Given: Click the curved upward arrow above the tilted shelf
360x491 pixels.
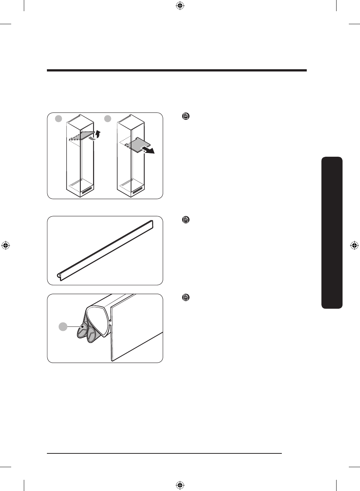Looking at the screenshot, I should [x=98, y=134].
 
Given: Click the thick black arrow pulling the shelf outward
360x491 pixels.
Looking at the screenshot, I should [x=148, y=150].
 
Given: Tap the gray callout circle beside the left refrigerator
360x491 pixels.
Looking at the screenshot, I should [x=58, y=118].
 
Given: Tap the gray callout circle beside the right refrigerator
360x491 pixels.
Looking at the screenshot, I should [x=107, y=118].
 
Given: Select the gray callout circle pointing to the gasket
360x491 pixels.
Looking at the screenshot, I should [x=63, y=327].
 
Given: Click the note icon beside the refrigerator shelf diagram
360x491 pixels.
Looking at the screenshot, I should [x=186, y=116].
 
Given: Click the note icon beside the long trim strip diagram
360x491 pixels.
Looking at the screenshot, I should [x=186, y=220].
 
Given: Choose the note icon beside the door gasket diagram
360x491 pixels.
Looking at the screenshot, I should [x=186, y=297].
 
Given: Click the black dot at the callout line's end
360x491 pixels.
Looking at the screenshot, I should [x=83, y=327].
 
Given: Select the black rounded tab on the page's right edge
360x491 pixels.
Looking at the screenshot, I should [x=332, y=233].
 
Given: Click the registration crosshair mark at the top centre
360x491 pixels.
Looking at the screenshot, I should [x=180, y=6].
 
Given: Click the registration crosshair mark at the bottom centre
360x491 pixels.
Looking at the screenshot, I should [x=180, y=485].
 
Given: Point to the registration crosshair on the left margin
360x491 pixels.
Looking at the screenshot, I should [x=5, y=245].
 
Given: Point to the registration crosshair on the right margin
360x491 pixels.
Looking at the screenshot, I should [x=354, y=245].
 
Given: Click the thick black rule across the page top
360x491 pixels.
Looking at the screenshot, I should [x=177, y=70].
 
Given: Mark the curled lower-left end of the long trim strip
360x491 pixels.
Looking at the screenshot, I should [x=59, y=276].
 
